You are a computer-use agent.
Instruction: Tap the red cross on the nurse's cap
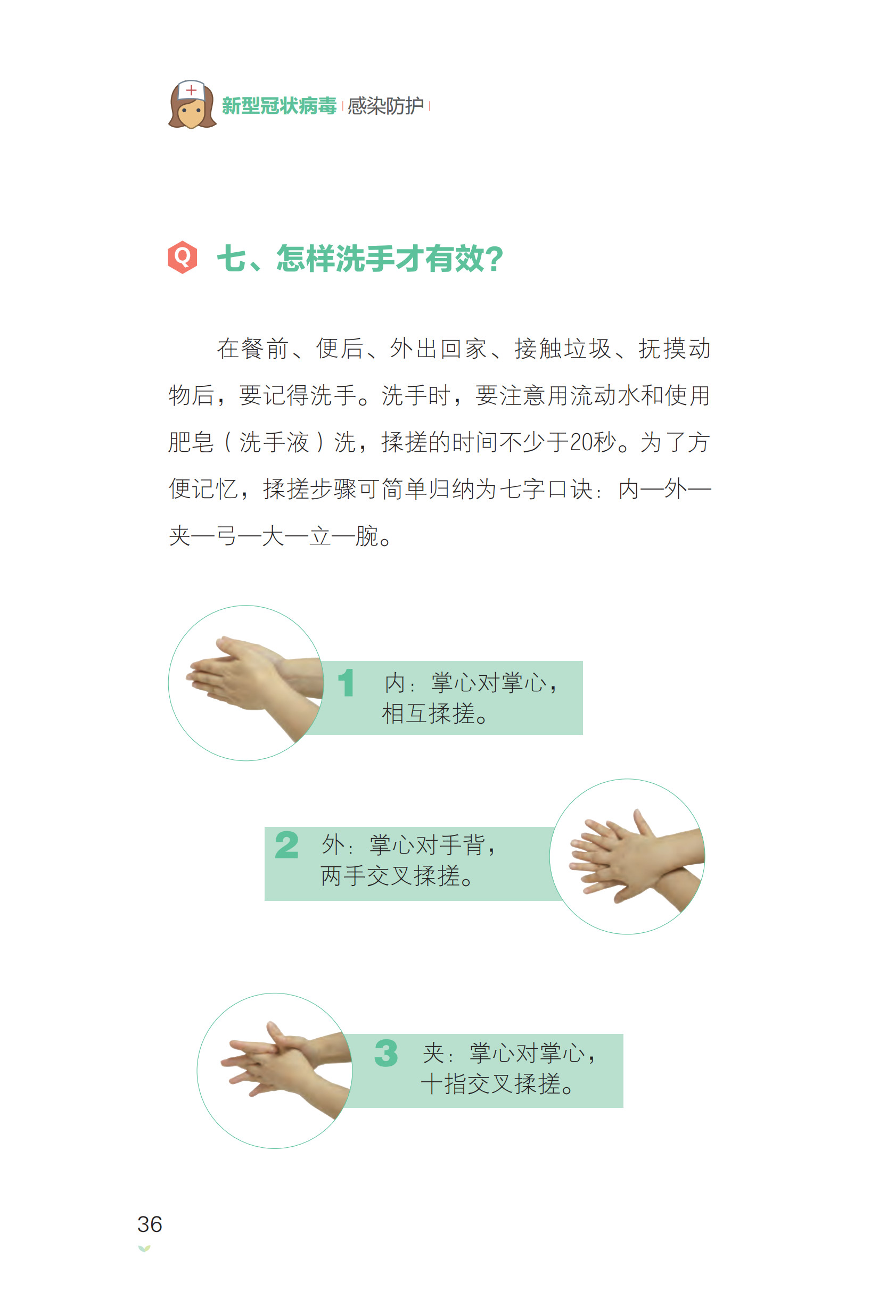point(191,89)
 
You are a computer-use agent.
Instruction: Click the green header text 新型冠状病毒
point(278,106)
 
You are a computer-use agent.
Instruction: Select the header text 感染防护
point(385,106)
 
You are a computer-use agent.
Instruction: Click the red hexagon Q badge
point(183,258)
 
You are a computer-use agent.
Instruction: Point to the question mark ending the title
point(494,259)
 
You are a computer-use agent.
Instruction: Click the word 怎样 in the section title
point(306,259)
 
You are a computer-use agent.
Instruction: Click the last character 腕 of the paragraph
point(366,536)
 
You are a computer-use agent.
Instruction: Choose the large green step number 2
point(286,845)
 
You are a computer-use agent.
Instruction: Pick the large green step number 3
point(386,1053)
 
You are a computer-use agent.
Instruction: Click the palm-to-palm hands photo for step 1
point(246,683)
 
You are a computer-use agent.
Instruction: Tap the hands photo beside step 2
point(627,856)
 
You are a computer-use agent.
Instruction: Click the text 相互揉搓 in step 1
point(429,714)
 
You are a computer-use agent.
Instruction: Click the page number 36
point(150,1224)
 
